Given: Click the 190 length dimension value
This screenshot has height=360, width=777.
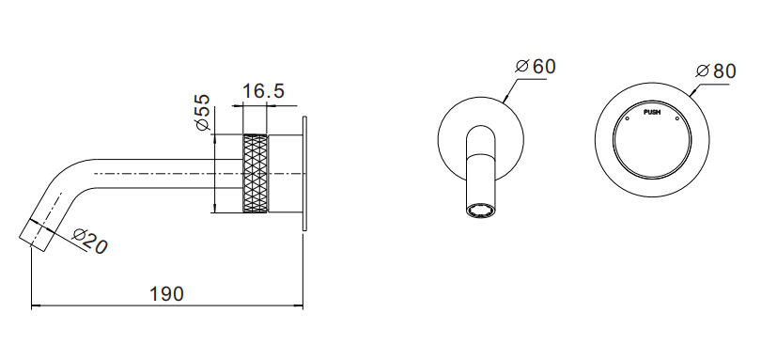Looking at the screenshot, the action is (166, 294).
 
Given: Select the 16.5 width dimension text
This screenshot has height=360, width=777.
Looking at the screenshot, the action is (263, 91).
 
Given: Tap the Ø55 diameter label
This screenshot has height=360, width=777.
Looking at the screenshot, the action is (203, 113).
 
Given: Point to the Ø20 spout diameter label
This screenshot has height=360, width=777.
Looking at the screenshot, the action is (89, 242).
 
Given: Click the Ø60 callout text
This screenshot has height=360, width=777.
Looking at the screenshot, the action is (536, 67).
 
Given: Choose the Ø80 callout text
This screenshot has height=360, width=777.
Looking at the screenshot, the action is (716, 71).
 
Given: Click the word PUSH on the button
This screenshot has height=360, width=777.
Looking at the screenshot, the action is (652, 112).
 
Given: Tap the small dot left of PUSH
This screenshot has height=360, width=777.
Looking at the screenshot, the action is (627, 118).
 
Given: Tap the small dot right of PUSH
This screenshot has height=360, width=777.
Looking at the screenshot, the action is (676, 118).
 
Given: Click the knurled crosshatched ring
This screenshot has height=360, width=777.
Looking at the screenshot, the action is (255, 174).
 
